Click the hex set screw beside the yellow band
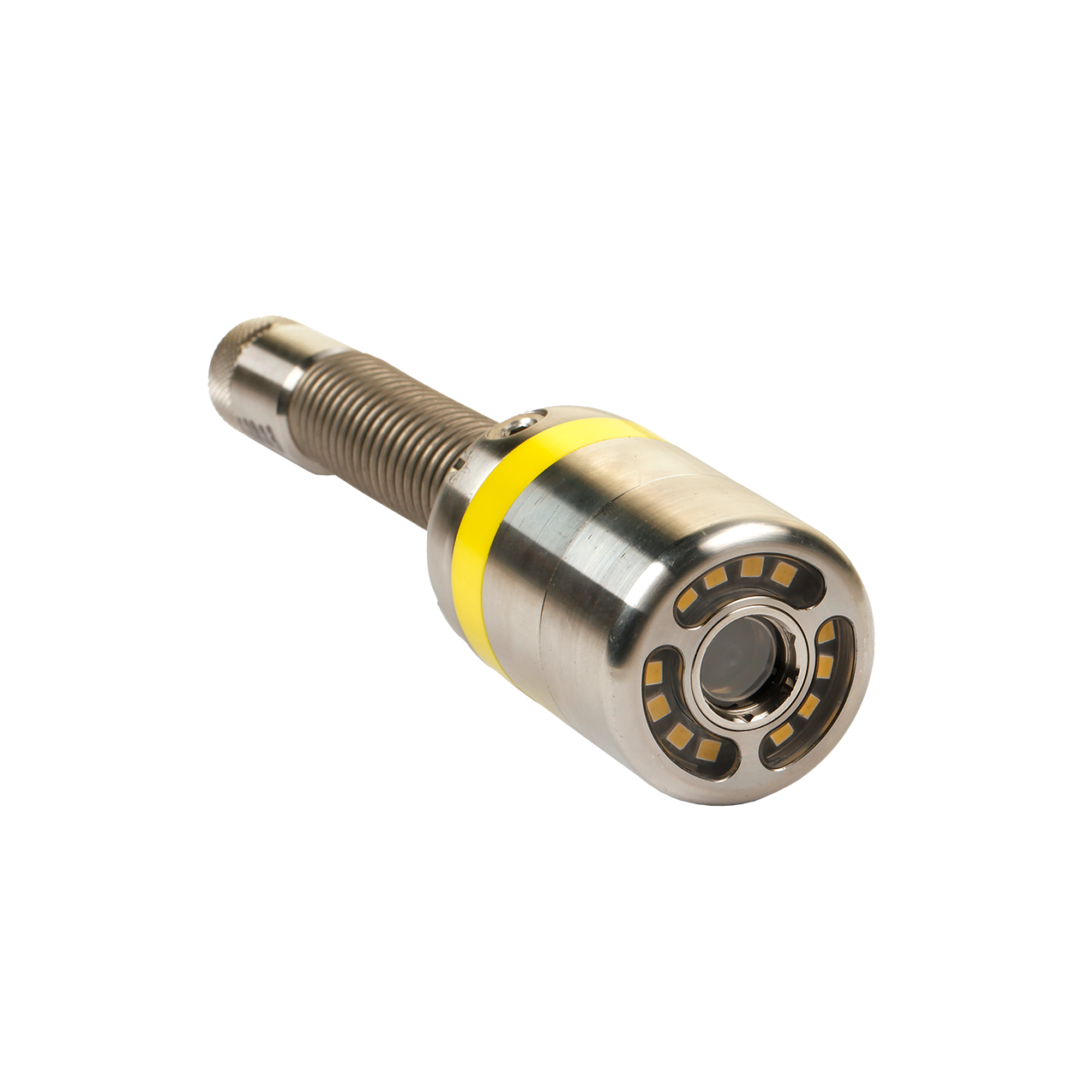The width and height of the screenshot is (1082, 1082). pyautogui.click(x=518, y=423)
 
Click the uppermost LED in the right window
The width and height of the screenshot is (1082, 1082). pyautogui.click(x=826, y=631)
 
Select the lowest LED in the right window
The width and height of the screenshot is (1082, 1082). pyautogui.click(x=782, y=732)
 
